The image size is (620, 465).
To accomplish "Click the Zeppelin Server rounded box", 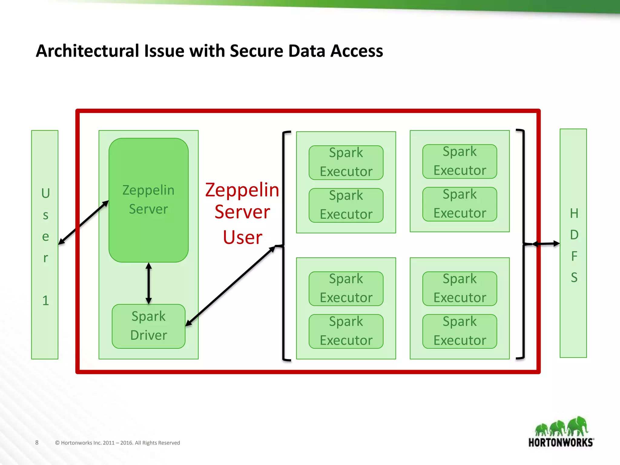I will pos(148,200).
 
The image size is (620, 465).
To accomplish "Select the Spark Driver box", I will pos(148,326).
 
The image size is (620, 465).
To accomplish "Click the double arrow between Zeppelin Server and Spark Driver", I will pos(148,283).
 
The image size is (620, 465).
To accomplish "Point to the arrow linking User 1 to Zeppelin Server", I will pos(83,223).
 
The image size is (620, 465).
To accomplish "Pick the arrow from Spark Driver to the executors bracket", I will pos(230,286).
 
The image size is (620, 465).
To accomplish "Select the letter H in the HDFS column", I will pos(574,213).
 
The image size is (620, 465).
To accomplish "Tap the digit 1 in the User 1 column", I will pos(45,301).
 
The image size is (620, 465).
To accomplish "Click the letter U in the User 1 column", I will pos(45,193).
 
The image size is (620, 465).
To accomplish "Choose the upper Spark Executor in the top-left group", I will pos(346,163).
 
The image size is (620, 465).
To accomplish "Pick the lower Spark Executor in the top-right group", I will pos(460,204).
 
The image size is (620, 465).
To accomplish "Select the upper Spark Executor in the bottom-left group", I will pos(346,289).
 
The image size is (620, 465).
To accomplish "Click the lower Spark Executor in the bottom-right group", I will pos(460,331).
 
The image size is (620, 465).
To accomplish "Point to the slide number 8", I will pos(37,442).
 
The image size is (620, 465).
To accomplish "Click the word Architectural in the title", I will pos(88,51).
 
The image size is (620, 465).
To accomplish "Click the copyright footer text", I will pos(117,443).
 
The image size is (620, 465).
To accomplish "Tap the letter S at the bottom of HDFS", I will pos(574,277).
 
